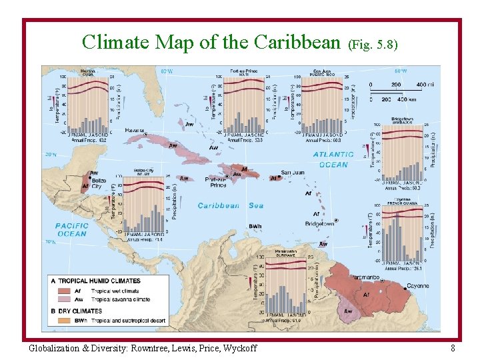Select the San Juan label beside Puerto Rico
coord(293,173)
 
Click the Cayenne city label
coord(417,286)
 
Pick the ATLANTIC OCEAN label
coord(333,159)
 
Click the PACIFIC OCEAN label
coord(71,230)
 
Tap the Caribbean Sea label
coord(230,205)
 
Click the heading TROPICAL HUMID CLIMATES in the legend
coord(100,281)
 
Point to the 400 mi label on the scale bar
coord(424,85)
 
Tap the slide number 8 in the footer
coord(453,347)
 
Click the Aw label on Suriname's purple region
coord(348,311)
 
